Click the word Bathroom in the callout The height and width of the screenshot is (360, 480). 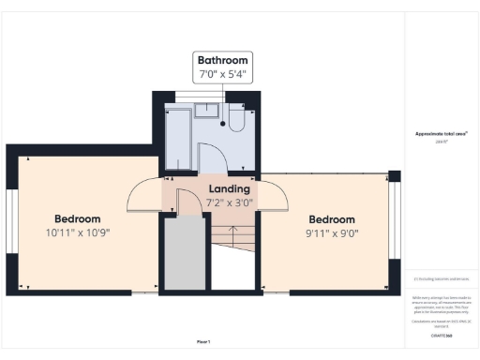[x=222, y=60]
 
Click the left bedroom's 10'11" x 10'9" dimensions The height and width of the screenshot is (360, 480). [x=77, y=232]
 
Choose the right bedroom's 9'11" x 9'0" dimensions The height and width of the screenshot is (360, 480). [x=333, y=232]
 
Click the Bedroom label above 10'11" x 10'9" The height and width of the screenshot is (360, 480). [x=77, y=218]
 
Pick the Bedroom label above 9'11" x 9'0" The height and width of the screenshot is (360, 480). [x=333, y=218]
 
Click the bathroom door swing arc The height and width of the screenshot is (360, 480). [x=214, y=155]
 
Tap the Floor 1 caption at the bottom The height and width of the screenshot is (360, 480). [x=203, y=341]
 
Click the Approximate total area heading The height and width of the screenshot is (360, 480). [x=441, y=134]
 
